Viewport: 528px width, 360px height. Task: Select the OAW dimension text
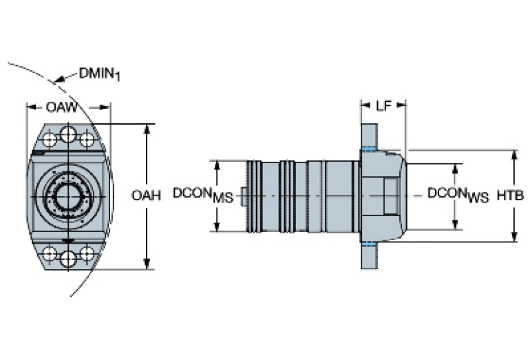click(x=61, y=107)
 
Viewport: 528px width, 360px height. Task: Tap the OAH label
click(x=146, y=195)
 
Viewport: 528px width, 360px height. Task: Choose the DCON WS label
click(x=458, y=195)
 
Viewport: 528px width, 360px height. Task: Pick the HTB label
click(x=510, y=195)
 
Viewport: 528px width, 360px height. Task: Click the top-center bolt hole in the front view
click(x=67, y=134)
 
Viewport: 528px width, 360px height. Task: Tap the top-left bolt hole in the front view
click(x=49, y=139)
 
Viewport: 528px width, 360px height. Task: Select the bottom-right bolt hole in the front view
click(x=87, y=254)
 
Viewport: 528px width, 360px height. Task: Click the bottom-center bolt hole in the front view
click(x=67, y=259)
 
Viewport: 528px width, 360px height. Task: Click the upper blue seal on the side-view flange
click(x=370, y=150)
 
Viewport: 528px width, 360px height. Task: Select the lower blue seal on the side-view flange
click(x=370, y=244)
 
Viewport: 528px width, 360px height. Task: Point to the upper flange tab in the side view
click(x=370, y=135)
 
